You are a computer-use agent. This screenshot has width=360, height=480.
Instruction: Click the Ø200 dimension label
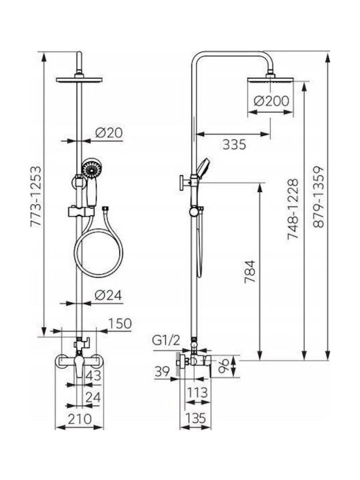point(271,101)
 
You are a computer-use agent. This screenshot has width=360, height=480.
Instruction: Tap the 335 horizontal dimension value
point(234,144)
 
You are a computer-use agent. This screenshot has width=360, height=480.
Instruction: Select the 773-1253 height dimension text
point(36,196)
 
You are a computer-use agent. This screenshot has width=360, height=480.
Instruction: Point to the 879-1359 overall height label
point(319,197)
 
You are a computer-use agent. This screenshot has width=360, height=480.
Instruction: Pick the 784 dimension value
point(249,272)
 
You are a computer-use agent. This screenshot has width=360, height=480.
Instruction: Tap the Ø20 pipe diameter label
point(109,133)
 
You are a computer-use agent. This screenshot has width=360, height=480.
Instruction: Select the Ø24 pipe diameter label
point(109,295)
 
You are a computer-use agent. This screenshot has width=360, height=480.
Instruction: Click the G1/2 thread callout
point(167,341)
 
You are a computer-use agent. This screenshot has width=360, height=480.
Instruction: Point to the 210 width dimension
point(79,419)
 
